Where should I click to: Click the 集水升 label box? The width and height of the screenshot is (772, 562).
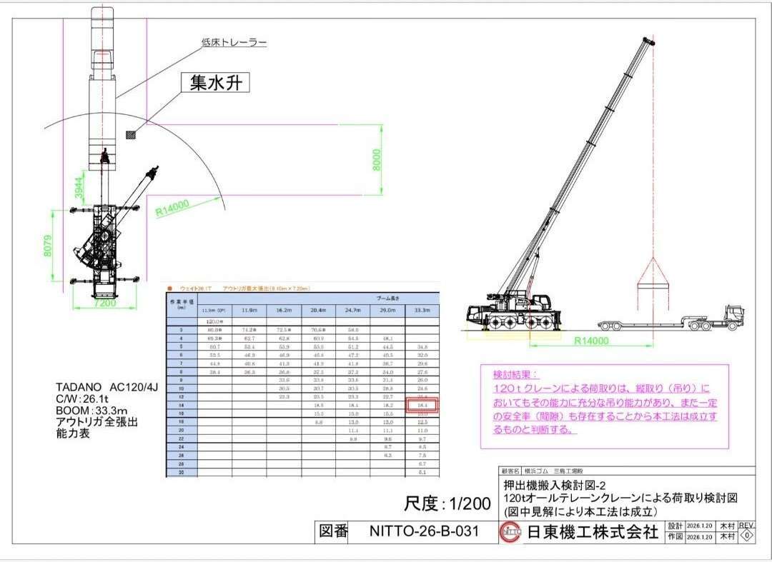tap(215, 84)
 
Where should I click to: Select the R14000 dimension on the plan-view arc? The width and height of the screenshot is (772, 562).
tap(172, 207)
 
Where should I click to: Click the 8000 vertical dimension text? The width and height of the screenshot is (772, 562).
tap(377, 160)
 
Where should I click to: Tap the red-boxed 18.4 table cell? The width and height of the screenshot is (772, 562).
tap(421, 405)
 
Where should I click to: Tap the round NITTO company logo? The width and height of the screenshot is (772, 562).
tap(510, 532)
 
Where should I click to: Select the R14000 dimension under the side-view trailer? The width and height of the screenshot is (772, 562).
tap(592, 341)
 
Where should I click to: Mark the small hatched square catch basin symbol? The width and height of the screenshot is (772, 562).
tap(130, 134)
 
